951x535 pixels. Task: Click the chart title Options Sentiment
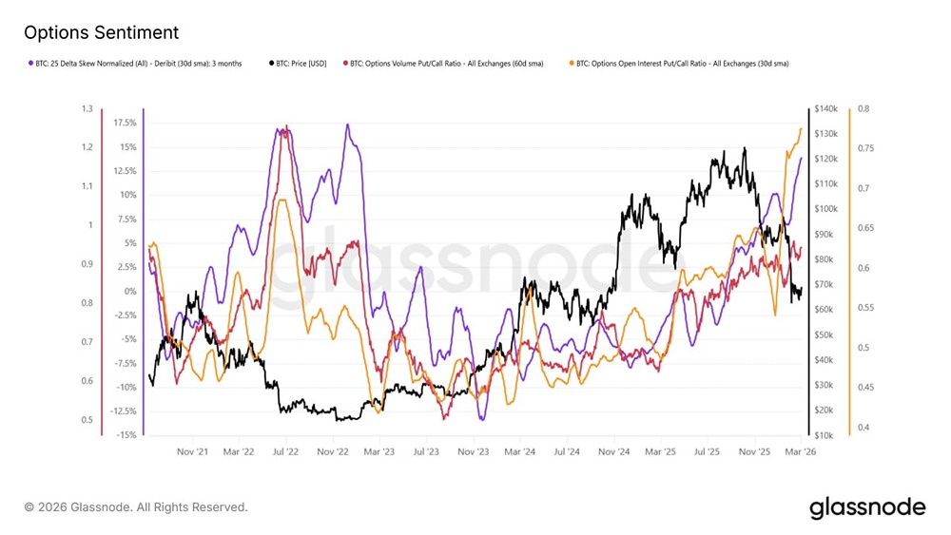(x=101, y=32)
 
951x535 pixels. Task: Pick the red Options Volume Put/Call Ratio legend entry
(x=445, y=64)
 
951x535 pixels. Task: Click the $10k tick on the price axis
(x=823, y=434)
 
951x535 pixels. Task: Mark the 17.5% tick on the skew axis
(x=124, y=123)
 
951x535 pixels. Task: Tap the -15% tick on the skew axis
(x=125, y=434)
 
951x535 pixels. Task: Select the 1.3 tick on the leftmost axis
(x=87, y=109)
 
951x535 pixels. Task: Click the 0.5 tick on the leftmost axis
(x=87, y=420)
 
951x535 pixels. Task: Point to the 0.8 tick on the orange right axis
(x=863, y=109)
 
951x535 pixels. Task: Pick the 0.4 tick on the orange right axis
(x=863, y=428)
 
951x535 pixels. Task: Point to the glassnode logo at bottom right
(x=866, y=507)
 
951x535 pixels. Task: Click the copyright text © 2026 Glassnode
(x=136, y=507)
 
